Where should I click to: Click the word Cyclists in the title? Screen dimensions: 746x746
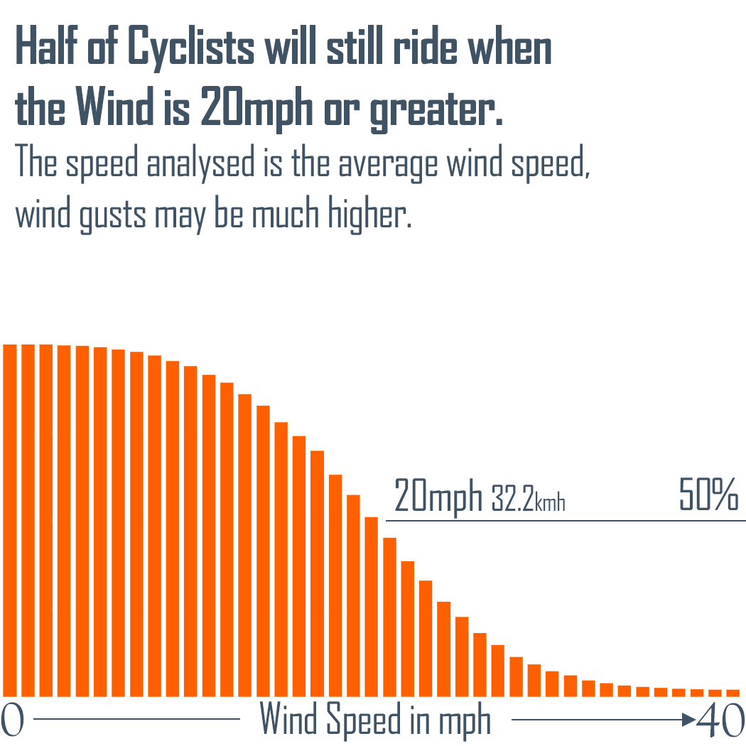point(192,48)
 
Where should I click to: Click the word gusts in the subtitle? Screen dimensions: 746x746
point(117,215)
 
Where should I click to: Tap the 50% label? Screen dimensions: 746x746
point(708,495)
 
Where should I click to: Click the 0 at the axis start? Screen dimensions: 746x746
point(13,721)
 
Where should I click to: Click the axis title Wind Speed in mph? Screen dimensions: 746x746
point(375,720)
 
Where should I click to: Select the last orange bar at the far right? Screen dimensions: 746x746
point(733,692)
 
